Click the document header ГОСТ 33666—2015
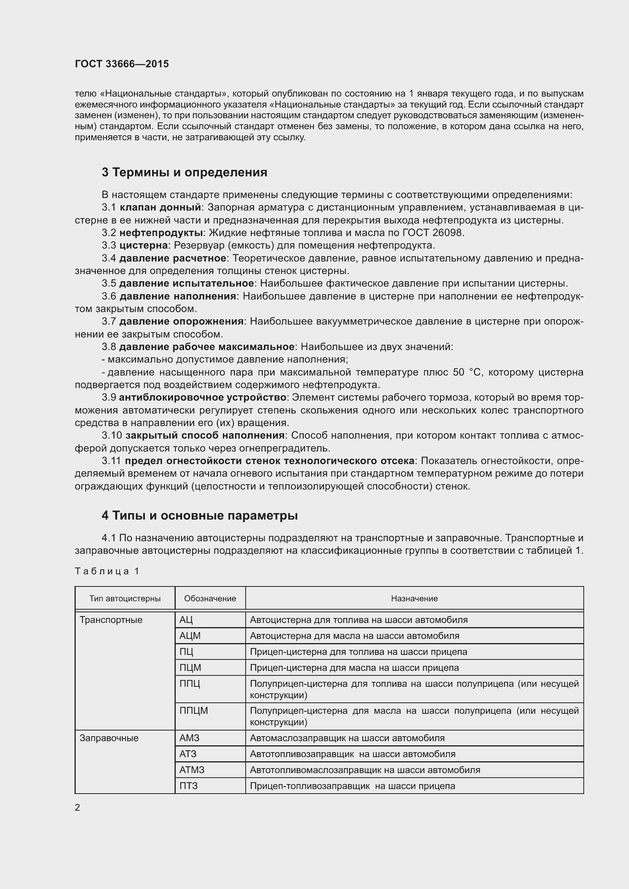[122, 64]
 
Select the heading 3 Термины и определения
[184, 172]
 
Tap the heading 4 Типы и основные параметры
[200, 515]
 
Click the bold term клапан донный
[160, 208]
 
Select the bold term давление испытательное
[186, 284]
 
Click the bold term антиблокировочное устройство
[202, 398]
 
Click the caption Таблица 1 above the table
[107, 571]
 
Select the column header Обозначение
[210, 599]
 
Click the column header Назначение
[414, 599]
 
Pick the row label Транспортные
[111, 620]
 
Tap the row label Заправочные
[109, 738]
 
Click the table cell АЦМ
[190, 636]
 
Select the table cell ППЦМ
[194, 710]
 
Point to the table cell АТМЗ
[192, 770]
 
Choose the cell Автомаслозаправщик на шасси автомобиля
[347, 738]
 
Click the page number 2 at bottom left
[78, 807]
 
